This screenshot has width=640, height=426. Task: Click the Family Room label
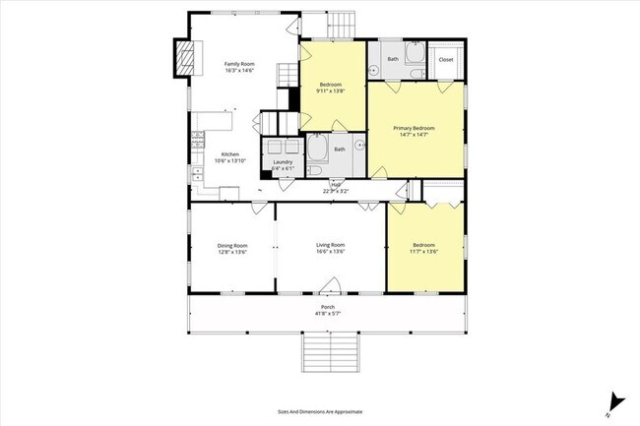239,63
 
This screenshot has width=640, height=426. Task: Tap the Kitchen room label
229,153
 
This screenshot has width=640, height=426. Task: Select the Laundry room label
283,161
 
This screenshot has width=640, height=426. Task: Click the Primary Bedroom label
415,128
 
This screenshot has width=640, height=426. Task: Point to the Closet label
446,59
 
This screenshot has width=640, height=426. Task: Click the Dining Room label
232,245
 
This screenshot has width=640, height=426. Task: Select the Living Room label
330,245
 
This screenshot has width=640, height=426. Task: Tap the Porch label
326,306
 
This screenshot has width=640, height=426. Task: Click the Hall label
336,184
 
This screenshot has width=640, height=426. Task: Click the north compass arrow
614,399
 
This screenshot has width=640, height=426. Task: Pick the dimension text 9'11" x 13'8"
330,91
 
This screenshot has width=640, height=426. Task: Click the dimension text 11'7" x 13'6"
423,251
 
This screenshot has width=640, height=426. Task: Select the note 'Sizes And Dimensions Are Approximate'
321,411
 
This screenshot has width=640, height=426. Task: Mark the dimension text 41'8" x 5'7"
326,313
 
